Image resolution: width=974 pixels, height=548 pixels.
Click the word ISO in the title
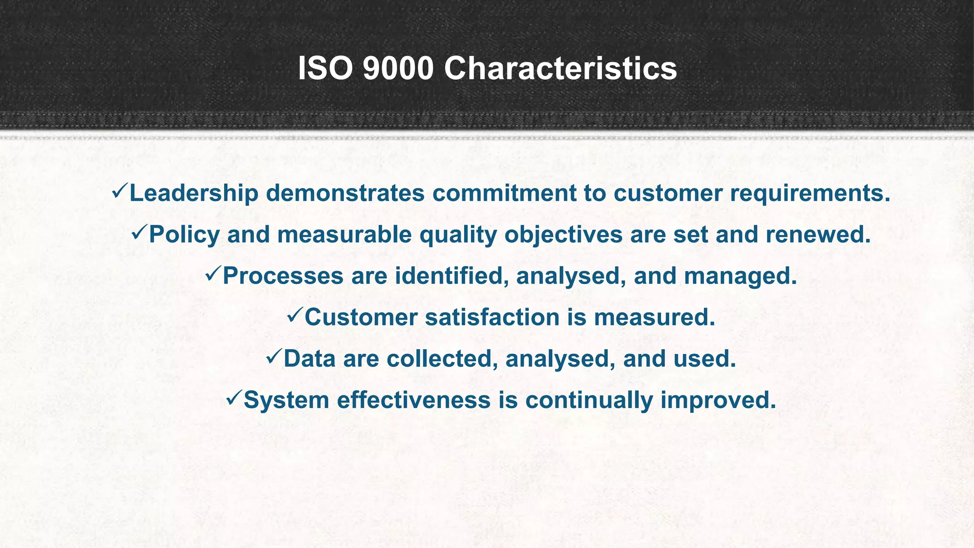point(325,68)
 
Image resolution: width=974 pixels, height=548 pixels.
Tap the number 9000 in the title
point(398,68)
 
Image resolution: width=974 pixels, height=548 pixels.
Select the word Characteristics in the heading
point(560,68)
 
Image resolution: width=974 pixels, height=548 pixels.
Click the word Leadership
point(194,193)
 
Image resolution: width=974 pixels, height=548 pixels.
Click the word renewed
point(818,235)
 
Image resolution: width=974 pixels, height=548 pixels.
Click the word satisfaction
point(492,317)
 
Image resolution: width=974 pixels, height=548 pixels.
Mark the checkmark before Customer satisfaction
point(294,315)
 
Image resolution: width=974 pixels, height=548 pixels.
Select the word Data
point(310,359)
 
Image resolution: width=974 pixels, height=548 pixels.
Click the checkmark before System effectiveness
point(234,398)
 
